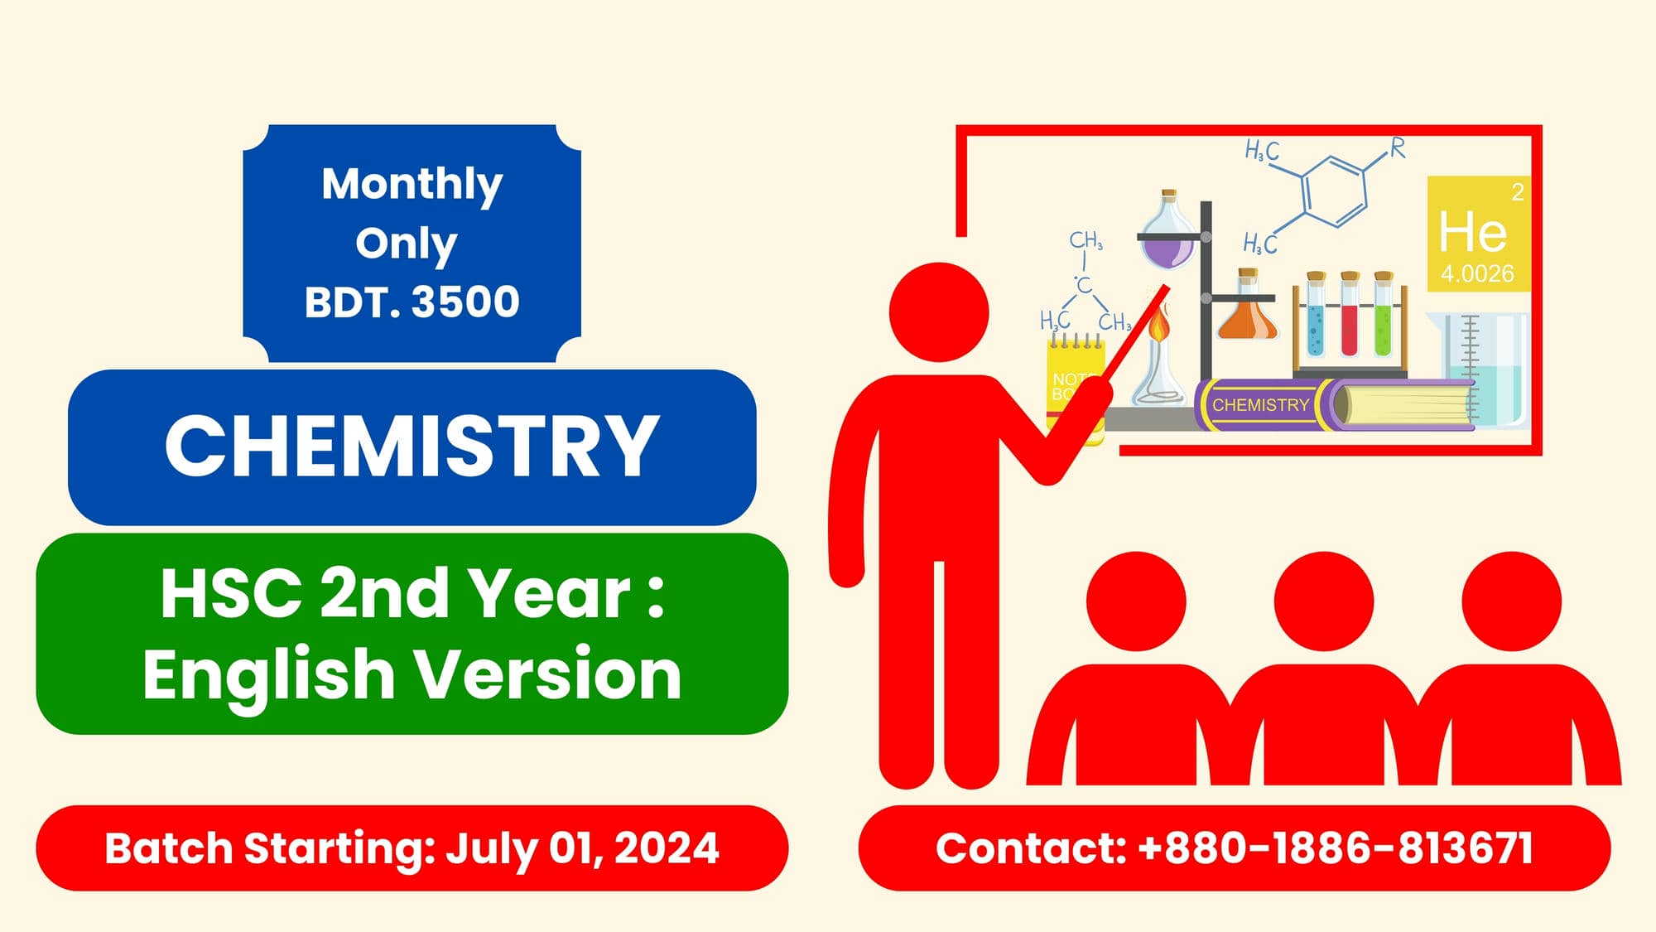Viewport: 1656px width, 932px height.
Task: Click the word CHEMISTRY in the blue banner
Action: pyautogui.click(x=412, y=447)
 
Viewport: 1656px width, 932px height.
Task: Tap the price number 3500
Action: pyautogui.click(x=465, y=302)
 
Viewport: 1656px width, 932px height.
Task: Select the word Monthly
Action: pyautogui.click(x=412, y=183)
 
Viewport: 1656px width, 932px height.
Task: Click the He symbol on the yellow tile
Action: pyautogui.click(x=1472, y=232)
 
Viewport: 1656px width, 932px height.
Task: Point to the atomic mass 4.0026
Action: pyautogui.click(x=1476, y=273)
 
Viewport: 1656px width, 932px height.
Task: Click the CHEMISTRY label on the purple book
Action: pyautogui.click(x=1260, y=405)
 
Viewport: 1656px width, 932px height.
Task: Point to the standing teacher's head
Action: pyautogui.click(x=938, y=312)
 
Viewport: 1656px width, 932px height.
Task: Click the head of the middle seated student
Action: pyautogui.click(x=1323, y=601)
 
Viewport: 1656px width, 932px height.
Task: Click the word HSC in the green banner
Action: pyautogui.click(x=231, y=593)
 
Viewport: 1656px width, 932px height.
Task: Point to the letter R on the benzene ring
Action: pyautogui.click(x=1397, y=148)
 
